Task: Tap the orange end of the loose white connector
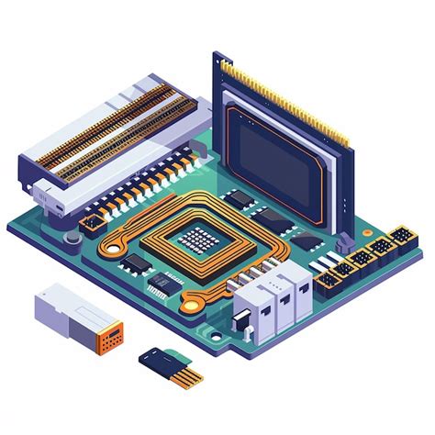tap(111, 338)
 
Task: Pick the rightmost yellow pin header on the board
tap(401, 238)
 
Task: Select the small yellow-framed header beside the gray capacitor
tap(91, 223)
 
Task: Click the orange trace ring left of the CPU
tap(117, 244)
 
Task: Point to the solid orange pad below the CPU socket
tap(190, 301)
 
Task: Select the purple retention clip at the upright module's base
tap(343, 242)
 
